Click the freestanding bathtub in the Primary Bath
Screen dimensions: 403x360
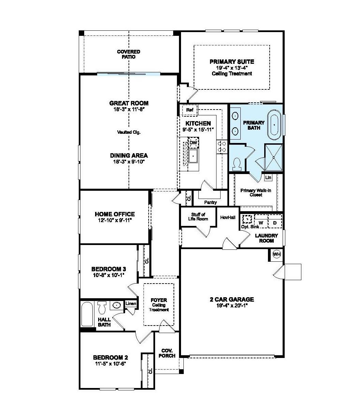coord(274,125)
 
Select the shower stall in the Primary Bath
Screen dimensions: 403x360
coord(274,157)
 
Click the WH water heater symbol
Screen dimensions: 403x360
coord(276,254)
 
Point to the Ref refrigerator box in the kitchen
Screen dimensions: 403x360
coord(190,110)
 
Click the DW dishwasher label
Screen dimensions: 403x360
coord(193,142)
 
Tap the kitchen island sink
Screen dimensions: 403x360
coord(193,156)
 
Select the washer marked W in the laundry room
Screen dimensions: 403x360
coord(261,222)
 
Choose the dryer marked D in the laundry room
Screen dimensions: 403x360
coord(275,222)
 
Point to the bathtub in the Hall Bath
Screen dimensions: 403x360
coord(87,314)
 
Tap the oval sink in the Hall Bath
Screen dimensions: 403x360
coord(117,305)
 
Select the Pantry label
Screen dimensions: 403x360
coord(210,202)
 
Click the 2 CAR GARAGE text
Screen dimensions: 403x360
coord(231,300)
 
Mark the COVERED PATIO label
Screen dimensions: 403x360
coord(129,54)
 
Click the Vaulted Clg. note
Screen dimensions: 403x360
coord(129,132)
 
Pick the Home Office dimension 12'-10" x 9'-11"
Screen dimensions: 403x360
coord(115,220)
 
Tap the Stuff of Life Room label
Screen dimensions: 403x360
coord(198,217)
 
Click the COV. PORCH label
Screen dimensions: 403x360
coord(167,353)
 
